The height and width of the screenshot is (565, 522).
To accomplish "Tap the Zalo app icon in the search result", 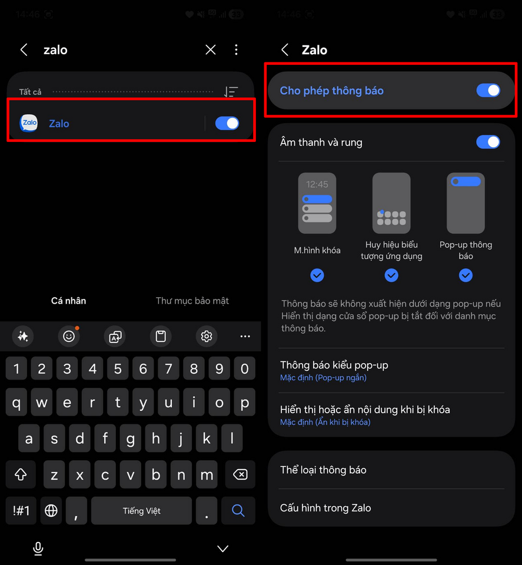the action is (x=28, y=123).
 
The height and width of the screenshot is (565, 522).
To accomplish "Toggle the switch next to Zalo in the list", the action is (x=227, y=123).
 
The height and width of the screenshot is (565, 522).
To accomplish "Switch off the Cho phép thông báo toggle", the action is (x=488, y=91).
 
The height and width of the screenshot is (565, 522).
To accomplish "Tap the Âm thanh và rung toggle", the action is (x=488, y=142).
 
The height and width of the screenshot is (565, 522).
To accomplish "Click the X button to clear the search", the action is (x=210, y=49).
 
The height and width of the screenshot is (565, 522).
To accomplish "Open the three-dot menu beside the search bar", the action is (x=237, y=49).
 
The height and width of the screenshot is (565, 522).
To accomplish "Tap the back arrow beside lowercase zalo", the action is (x=24, y=49).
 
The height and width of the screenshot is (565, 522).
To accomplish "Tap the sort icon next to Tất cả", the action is (x=231, y=92).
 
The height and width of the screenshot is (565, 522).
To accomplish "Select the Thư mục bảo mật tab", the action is (x=192, y=301).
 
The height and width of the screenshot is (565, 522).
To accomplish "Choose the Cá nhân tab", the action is (x=68, y=301).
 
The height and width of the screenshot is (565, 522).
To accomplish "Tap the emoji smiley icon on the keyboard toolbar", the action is (x=69, y=336).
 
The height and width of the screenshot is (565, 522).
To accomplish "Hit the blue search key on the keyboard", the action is (x=238, y=510).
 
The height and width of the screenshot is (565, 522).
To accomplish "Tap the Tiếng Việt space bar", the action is (x=142, y=511).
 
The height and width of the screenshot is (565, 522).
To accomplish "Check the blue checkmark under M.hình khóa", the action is (x=317, y=275).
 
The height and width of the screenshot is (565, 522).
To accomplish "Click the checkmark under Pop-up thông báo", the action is (x=466, y=275).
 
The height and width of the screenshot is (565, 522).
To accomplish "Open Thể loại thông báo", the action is (x=323, y=470).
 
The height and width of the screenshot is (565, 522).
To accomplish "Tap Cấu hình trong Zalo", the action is (x=325, y=508).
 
